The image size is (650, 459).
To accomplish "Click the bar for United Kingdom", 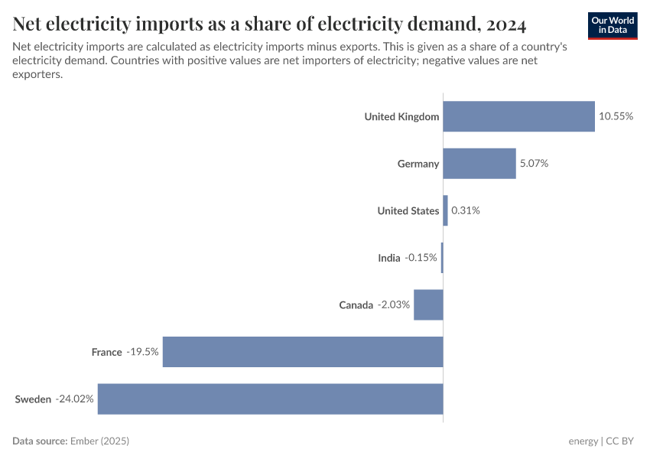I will point(518,116).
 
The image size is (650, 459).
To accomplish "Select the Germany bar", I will point(479,164).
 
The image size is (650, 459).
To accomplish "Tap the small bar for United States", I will point(445,210).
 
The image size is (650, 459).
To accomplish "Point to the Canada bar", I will point(428,304).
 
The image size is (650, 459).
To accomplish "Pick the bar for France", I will point(303,352).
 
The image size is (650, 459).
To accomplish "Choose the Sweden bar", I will point(270,399).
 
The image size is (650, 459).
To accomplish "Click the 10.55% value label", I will point(616,116).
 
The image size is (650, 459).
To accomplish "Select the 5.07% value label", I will point(534,164).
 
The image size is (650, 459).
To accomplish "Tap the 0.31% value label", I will point(466,210).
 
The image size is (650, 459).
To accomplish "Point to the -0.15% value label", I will point(421,258).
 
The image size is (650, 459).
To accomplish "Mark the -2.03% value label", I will point(394,304).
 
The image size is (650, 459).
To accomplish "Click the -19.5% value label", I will point(142,352).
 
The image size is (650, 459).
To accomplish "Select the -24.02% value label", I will point(74,399).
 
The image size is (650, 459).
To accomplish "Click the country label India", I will point(388,258).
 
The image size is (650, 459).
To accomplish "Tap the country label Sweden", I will point(33,399).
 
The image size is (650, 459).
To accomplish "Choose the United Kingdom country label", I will point(401,116).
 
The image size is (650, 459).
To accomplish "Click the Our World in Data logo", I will point(613,25).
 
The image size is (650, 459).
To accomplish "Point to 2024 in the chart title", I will point(504,24).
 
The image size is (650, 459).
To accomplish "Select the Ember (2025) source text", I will point(99,441).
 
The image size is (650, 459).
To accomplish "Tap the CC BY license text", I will point(622,441).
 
